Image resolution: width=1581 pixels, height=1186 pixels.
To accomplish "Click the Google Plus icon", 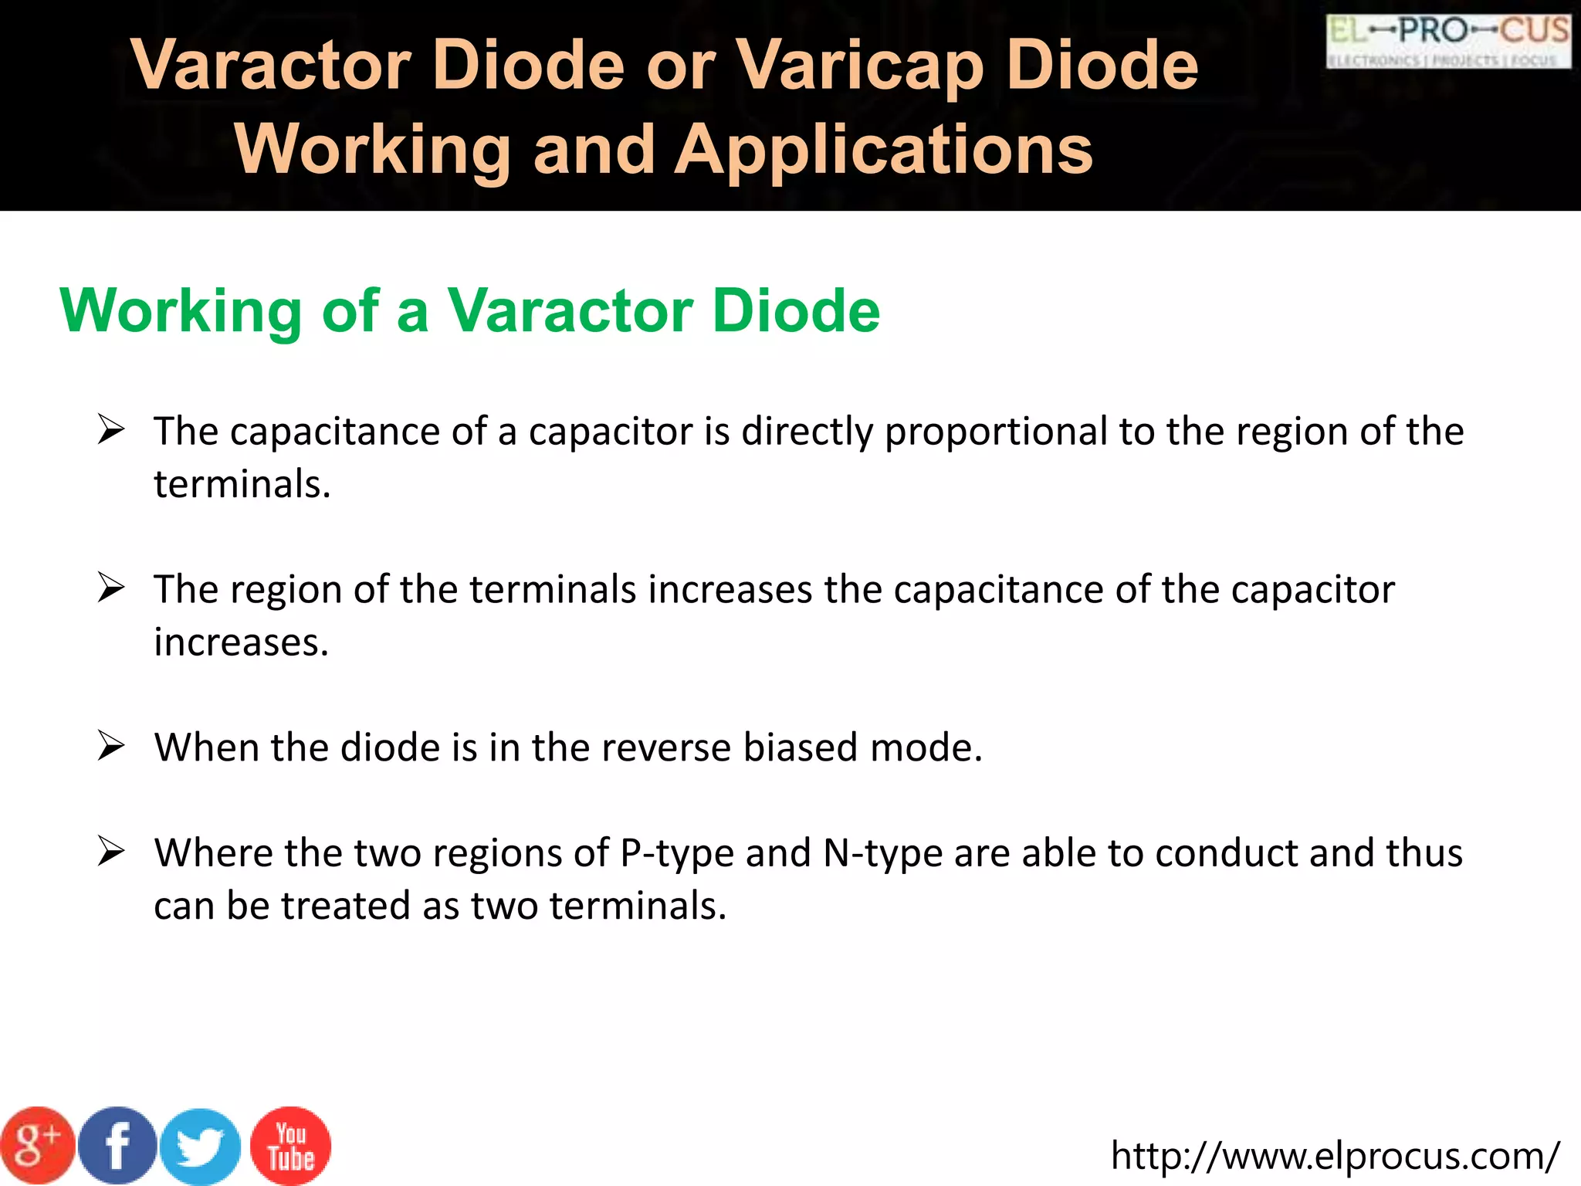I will [38, 1145].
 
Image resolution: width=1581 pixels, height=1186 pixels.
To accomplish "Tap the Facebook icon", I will [118, 1145].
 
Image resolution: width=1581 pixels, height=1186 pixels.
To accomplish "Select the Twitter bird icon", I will [201, 1147].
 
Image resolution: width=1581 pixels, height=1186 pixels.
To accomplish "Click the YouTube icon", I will [291, 1146].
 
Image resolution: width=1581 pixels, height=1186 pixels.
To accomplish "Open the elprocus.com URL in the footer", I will [1335, 1156].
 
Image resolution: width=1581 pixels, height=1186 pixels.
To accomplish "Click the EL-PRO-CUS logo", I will [1448, 41].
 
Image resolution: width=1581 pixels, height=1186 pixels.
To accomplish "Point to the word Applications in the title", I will [883, 150].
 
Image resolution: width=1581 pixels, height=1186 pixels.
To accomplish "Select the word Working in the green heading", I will [181, 310].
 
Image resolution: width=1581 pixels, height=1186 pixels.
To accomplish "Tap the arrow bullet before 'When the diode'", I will [111, 747].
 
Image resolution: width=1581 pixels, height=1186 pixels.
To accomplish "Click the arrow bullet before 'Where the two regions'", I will [111, 852].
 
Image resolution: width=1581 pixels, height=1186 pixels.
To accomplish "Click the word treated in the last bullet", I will [345, 906].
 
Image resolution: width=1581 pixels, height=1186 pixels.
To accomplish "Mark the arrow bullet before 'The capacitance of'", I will [111, 430].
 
